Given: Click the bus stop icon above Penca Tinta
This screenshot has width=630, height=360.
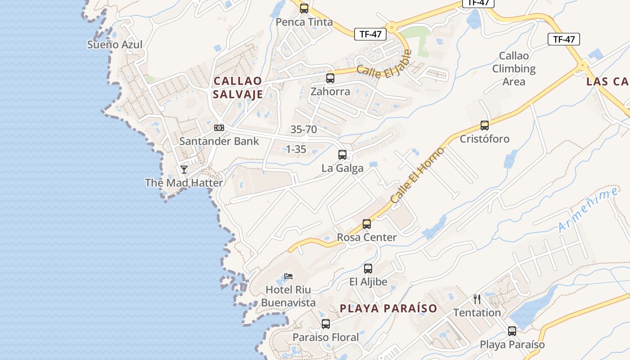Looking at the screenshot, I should [304, 9].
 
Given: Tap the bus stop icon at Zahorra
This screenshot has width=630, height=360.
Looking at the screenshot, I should [330, 78].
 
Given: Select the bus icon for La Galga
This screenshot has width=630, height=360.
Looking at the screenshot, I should [342, 155].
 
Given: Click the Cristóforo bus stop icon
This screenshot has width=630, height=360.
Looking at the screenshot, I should [485, 126].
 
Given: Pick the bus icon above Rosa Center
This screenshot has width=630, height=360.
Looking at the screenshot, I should [367, 224].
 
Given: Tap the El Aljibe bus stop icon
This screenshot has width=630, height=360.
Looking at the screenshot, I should [368, 269].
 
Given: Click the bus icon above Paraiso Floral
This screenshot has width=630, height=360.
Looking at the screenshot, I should [326, 324].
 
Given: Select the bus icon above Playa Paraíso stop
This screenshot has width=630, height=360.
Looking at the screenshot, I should [512, 331].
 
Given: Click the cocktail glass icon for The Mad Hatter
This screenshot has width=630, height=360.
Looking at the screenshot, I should [184, 170].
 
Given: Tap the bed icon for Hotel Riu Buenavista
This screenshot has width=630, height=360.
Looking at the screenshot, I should [288, 276].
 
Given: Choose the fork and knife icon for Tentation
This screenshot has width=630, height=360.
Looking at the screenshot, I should [477, 299].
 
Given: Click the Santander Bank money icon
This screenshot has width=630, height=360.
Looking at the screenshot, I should [219, 128].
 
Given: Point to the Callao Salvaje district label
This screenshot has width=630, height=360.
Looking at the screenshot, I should [238, 88].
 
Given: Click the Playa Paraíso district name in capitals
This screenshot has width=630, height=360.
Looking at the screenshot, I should [388, 308].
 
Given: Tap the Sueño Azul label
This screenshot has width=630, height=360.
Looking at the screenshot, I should [115, 45].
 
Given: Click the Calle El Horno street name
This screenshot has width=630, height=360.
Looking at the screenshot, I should [417, 175].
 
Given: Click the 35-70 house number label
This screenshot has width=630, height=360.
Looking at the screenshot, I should [304, 130].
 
